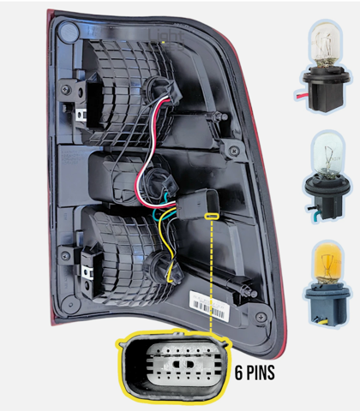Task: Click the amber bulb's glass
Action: coord(327,264)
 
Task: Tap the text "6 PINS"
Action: coord(255,372)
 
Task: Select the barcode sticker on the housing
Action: coord(209,307)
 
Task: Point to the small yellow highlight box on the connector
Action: coord(212,217)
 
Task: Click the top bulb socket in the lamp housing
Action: coord(162,90)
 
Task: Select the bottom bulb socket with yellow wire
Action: coord(165,268)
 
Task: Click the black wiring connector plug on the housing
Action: coord(197,205)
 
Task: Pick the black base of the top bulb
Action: coord(326,87)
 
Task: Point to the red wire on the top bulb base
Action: coord(302,97)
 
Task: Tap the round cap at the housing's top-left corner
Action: coord(68,32)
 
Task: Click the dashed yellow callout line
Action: coord(212,275)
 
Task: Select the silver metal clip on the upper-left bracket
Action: coord(81,115)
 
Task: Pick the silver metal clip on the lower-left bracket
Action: coord(87,272)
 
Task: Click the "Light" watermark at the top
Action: coord(165,37)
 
